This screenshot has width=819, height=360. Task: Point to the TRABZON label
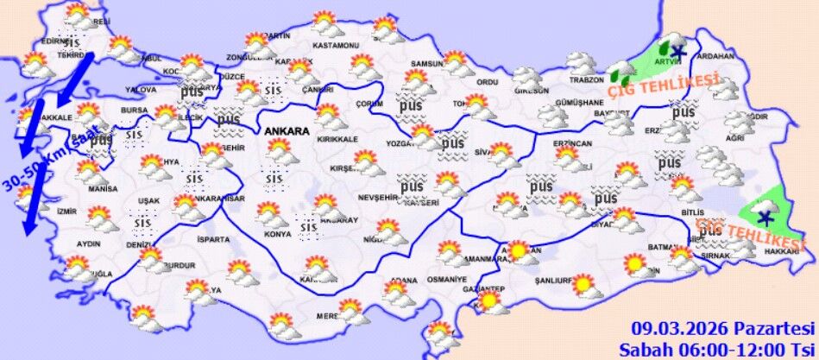[587, 80]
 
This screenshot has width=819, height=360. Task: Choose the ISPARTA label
[214, 239]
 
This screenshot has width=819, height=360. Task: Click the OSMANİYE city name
[446, 280]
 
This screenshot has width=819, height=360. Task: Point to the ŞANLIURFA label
[554, 281]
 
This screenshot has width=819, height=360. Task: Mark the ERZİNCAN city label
[572, 143]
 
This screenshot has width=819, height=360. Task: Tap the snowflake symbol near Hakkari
[764, 217]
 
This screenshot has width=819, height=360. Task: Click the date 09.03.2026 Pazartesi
[723, 328]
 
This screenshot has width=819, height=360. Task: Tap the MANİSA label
[103, 189]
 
